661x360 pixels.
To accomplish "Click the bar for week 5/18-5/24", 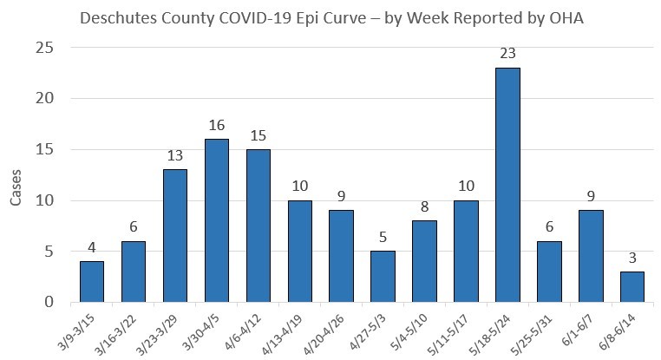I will (x=507, y=186).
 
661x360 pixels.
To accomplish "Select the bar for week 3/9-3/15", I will (x=92, y=282).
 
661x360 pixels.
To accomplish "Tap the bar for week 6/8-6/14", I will (x=632, y=287).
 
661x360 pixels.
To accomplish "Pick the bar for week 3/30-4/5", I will (x=217, y=221).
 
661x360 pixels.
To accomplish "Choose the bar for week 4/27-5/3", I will (x=383, y=277).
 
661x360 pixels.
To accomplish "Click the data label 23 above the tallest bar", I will (x=507, y=55).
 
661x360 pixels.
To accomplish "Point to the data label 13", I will (x=175, y=156).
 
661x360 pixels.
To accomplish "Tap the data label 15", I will (x=259, y=136).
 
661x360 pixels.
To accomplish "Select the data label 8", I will (x=424, y=207).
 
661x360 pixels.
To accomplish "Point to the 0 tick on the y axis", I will (x=50, y=303).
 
